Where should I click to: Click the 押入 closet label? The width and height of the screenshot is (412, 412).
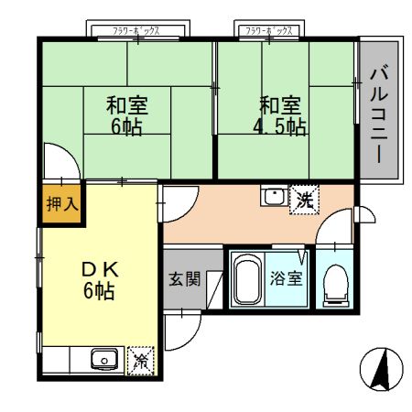point(62,204)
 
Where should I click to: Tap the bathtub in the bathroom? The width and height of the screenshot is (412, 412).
point(244,281)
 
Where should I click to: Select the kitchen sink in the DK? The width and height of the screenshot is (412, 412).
point(103,360)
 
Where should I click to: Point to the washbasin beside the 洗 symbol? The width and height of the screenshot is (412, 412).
point(273,197)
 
